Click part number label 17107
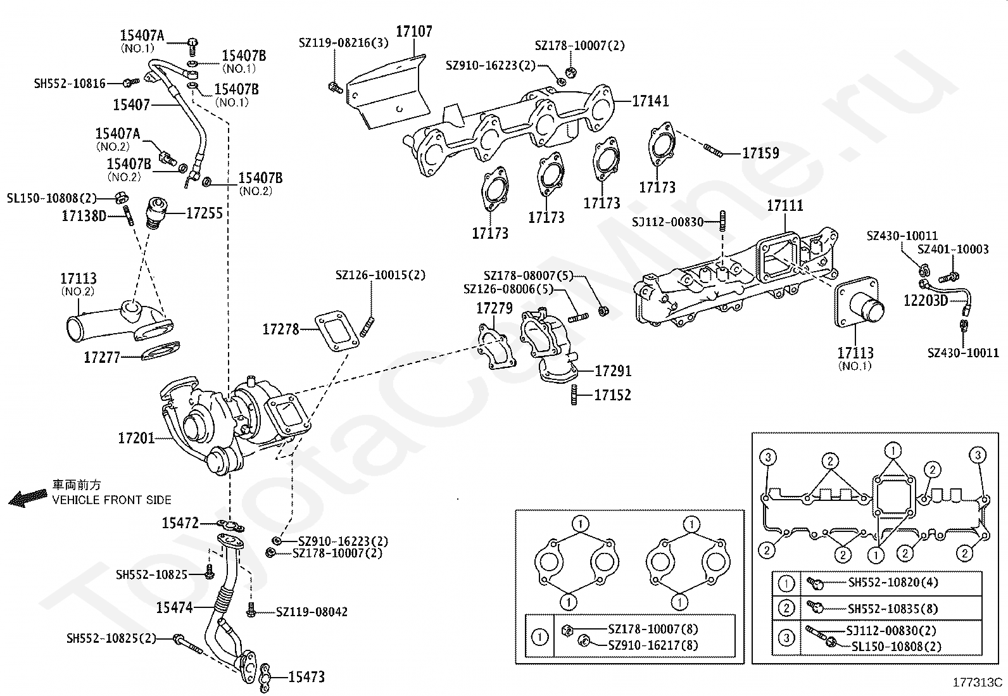click(414, 32)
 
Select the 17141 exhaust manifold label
click(650, 101)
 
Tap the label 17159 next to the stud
click(760, 153)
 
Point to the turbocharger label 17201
click(136, 438)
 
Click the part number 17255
click(205, 213)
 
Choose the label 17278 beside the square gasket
click(280, 329)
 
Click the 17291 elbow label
click(613, 371)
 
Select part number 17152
click(612, 395)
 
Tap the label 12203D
click(926, 300)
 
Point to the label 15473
click(306, 676)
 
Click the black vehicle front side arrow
click(28, 498)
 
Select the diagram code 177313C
click(978, 682)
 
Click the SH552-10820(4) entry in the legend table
click(893, 583)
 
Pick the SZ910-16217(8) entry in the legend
click(653, 645)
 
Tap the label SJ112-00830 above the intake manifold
click(667, 222)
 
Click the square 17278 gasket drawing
click(337, 331)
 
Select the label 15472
click(180, 522)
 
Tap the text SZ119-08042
click(312, 612)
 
